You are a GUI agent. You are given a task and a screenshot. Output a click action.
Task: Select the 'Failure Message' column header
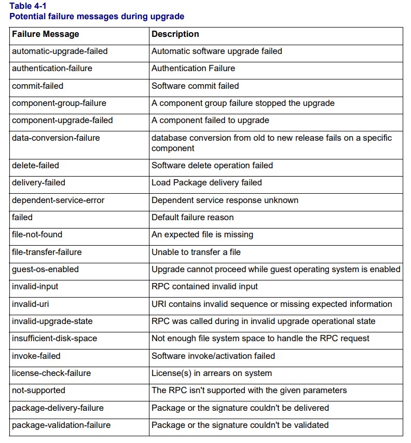[45, 34]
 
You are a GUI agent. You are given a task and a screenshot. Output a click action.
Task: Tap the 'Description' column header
[175, 34]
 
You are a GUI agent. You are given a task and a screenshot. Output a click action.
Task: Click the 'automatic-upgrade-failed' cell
[60, 51]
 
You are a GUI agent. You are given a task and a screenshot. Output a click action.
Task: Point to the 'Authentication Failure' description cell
[193, 69]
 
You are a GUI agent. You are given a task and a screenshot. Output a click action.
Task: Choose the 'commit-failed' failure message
[37, 86]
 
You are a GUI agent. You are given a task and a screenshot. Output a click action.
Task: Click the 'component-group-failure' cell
[59, 103]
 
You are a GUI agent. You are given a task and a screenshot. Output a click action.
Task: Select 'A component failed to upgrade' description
[210, 120]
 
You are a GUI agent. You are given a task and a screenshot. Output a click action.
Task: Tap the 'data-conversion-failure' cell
[56, 138]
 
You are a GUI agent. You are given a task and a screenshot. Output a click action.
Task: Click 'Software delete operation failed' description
[212, 165]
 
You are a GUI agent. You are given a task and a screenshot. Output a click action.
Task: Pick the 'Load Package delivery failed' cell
[207, 183]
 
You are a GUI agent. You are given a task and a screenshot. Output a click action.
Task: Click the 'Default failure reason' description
[193, 217]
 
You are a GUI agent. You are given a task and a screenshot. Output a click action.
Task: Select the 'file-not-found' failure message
[37, 235]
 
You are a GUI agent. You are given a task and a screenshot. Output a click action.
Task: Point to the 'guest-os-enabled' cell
[45, 269]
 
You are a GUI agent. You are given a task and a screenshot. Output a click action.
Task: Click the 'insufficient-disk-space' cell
[54, 339]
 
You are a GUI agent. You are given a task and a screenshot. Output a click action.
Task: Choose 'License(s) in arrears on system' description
[212, 373]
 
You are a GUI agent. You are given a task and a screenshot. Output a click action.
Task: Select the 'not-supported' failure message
[38, 390]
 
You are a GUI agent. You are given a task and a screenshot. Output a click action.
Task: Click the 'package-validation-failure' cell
[61, 425]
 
